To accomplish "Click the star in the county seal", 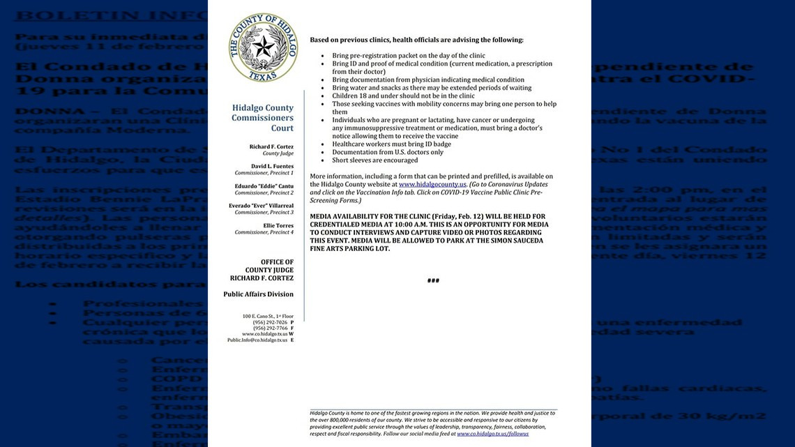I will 263,47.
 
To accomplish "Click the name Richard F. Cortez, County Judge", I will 271,146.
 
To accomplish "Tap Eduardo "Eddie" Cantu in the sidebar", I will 264,185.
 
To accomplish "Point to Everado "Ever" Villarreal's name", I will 261,206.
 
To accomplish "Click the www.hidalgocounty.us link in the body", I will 432,184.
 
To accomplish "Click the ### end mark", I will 433,280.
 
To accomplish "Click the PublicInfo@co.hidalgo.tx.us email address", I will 257,340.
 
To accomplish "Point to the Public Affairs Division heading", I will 258,294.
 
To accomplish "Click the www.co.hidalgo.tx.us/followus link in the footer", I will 492,434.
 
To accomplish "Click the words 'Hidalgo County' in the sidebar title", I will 263,108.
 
